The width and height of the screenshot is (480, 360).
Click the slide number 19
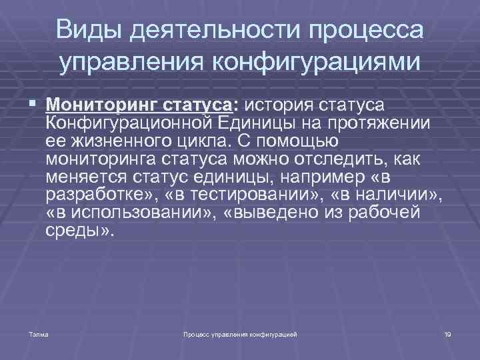(447, 333)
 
